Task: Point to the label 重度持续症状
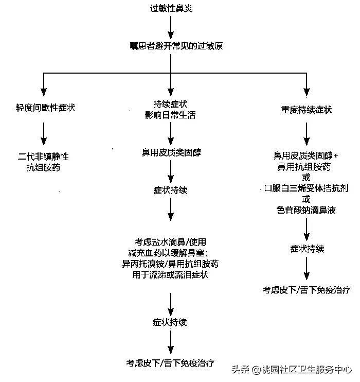pos(307,110)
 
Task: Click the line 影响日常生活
pos(170,115)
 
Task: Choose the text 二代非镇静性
pos(43,157)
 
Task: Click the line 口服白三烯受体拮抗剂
pos(307,188)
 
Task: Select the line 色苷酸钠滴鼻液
pos(307,210)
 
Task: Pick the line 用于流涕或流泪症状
pos(170,275)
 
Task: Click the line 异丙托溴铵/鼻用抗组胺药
pos(170,264)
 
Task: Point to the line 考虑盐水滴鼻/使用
pos(170,241)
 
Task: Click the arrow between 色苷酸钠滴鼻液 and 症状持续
pos(307,229)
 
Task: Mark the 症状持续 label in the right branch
pos(307,249)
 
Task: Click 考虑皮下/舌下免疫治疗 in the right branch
pos(307,290)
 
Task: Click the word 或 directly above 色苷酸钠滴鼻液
pos(307,199)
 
